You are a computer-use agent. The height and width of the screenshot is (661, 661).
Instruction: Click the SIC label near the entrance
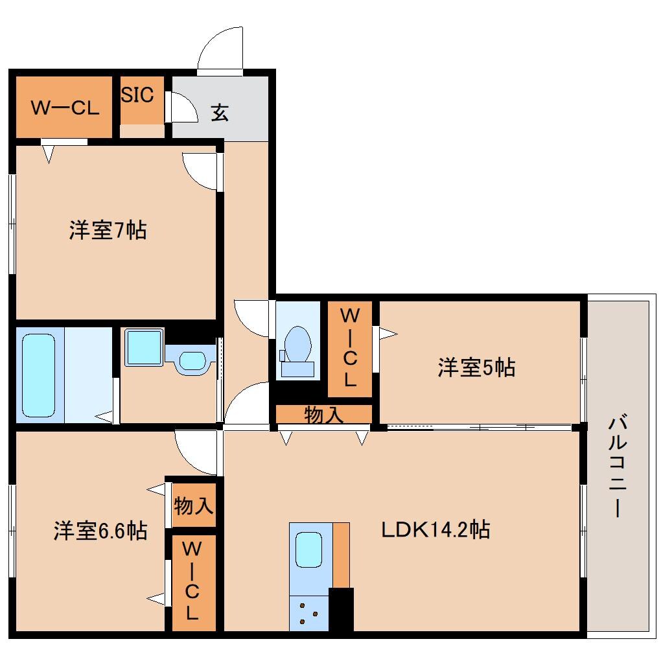point(138,95)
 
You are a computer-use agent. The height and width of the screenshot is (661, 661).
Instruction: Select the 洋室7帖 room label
point(108,230)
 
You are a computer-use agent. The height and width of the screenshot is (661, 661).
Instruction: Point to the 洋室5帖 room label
point(476,368)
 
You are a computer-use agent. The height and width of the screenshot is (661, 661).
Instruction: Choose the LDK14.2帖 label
point(434,529)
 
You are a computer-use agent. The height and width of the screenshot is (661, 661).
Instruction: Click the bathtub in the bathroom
point(38,375)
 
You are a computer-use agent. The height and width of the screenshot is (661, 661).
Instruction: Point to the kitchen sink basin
point(309,550)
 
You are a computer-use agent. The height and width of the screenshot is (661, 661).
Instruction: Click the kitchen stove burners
point(308,613)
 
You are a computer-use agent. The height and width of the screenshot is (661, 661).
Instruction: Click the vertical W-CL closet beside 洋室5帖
point(350,349)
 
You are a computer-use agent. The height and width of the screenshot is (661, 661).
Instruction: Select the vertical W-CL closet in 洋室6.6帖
point(193,582)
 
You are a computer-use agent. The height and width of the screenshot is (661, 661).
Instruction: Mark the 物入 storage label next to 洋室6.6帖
point(194,505)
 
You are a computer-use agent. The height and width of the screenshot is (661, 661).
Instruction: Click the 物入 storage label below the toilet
point(324,415)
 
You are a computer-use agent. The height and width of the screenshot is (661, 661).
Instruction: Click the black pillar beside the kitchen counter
point(341,609)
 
